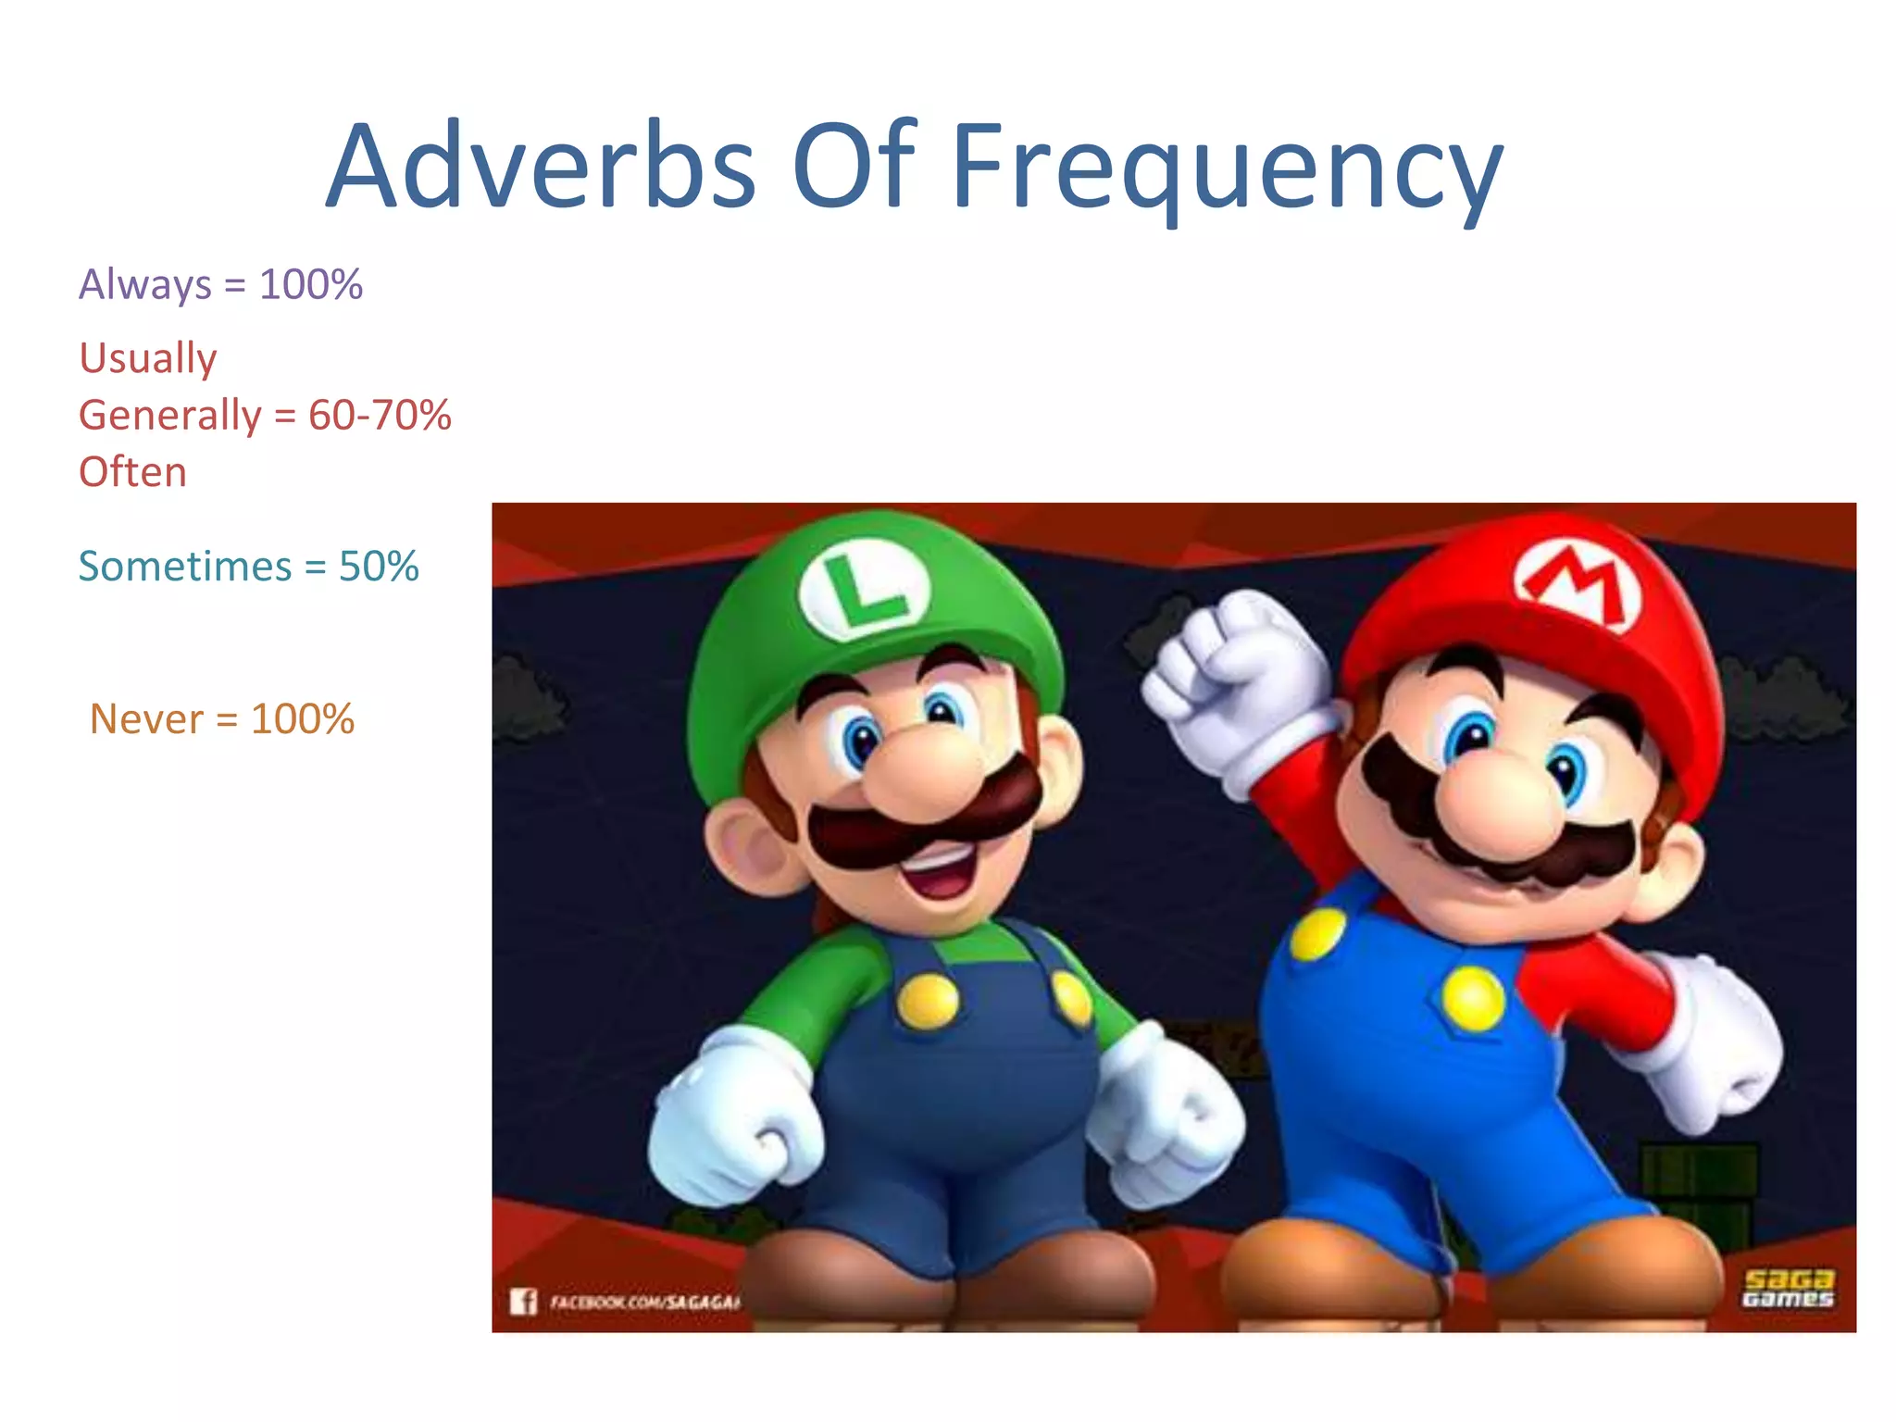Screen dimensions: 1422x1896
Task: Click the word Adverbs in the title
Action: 542,168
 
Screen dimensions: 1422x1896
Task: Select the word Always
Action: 145,284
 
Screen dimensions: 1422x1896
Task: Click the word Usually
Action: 148,358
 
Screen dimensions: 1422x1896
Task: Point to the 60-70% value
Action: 380,415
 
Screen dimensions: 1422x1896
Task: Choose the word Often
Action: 132,472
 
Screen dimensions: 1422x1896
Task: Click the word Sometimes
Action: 185,567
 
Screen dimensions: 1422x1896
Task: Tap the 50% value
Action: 379,567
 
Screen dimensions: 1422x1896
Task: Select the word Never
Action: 146,719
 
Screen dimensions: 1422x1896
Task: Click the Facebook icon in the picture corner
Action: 523,1302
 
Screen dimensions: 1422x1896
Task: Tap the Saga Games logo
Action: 1788,1289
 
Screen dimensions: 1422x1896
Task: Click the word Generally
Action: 170,415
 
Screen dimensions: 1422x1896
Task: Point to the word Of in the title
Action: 854,168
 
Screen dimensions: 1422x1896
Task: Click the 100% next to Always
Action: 311,284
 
